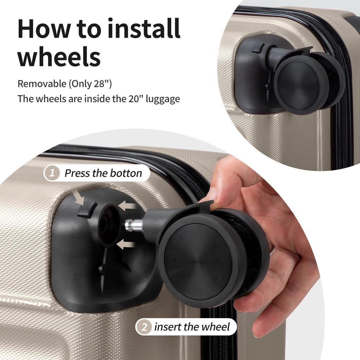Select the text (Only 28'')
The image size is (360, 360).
point(90,84)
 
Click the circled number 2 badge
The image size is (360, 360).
point(144,327)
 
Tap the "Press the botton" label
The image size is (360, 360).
point(103,173)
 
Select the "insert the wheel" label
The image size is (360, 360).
point(192,327)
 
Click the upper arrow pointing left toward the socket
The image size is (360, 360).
point(127,206)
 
